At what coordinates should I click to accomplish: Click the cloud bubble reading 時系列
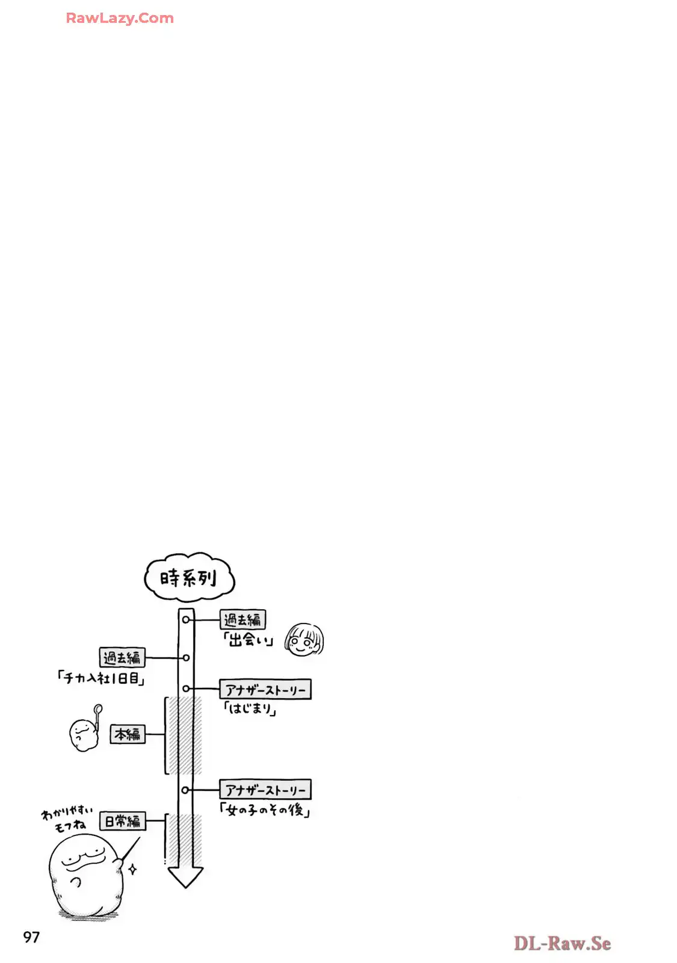(x=189, y=577)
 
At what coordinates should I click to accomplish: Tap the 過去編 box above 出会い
(x=243, y=619)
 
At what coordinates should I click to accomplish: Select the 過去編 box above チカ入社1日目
(x=122, y=657)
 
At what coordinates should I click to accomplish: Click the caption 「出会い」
(x=248, y=640)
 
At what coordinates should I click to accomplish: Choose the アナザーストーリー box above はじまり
(x=265, y=689)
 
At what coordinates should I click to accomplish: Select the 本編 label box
(x=128, y=734)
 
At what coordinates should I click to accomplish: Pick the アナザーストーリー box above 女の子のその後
(x=265, y=789)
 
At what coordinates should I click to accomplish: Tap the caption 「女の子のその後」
(x=265, y=810)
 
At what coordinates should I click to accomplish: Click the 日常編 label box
(x=123, y=821)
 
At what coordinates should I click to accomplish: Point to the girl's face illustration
(x=304, y=640)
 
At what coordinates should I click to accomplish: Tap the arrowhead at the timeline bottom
(x=185, y=877)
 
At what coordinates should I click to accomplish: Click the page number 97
(x=31, y=937)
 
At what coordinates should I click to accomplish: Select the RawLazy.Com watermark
(x=120, y=18)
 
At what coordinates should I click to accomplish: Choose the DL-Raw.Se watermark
(x=562, y=943)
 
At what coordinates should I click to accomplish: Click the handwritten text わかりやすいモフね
(x=67, y=820)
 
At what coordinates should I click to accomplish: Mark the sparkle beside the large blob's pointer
(x=133, y=869)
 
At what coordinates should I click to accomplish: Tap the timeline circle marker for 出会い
(x=186, y=619)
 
